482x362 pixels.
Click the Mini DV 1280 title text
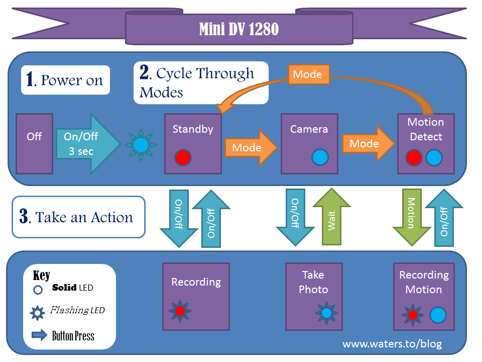[x=239, y=29]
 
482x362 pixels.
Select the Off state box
[x=35, y=144]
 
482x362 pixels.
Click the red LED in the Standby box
[x=183, y=157]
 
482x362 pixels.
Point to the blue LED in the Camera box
[x=320, y=157]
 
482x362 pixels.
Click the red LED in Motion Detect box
[x=414, y=157]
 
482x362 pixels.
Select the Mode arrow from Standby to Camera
[x=251, y=147]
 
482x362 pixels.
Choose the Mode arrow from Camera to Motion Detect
[x=369, y=143]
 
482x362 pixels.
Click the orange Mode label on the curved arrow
[x=309, y=74]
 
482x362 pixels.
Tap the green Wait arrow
[x=331, y=217]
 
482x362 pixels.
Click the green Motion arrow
[x=412, y=217]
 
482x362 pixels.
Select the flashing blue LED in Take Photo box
[x=326, y=313]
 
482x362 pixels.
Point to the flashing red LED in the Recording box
[x=180, y=311]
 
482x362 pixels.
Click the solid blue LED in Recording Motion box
[x=438, y=315]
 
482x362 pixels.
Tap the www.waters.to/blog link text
[x=392, y=343]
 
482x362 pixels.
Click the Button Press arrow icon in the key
[x=39, y=335]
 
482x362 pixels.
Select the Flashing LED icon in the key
[x=38, y=313]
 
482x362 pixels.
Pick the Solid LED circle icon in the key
[x=38, y=290]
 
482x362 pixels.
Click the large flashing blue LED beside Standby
[x=141, y=145]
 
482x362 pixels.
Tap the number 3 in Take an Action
[x=24, y=216]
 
